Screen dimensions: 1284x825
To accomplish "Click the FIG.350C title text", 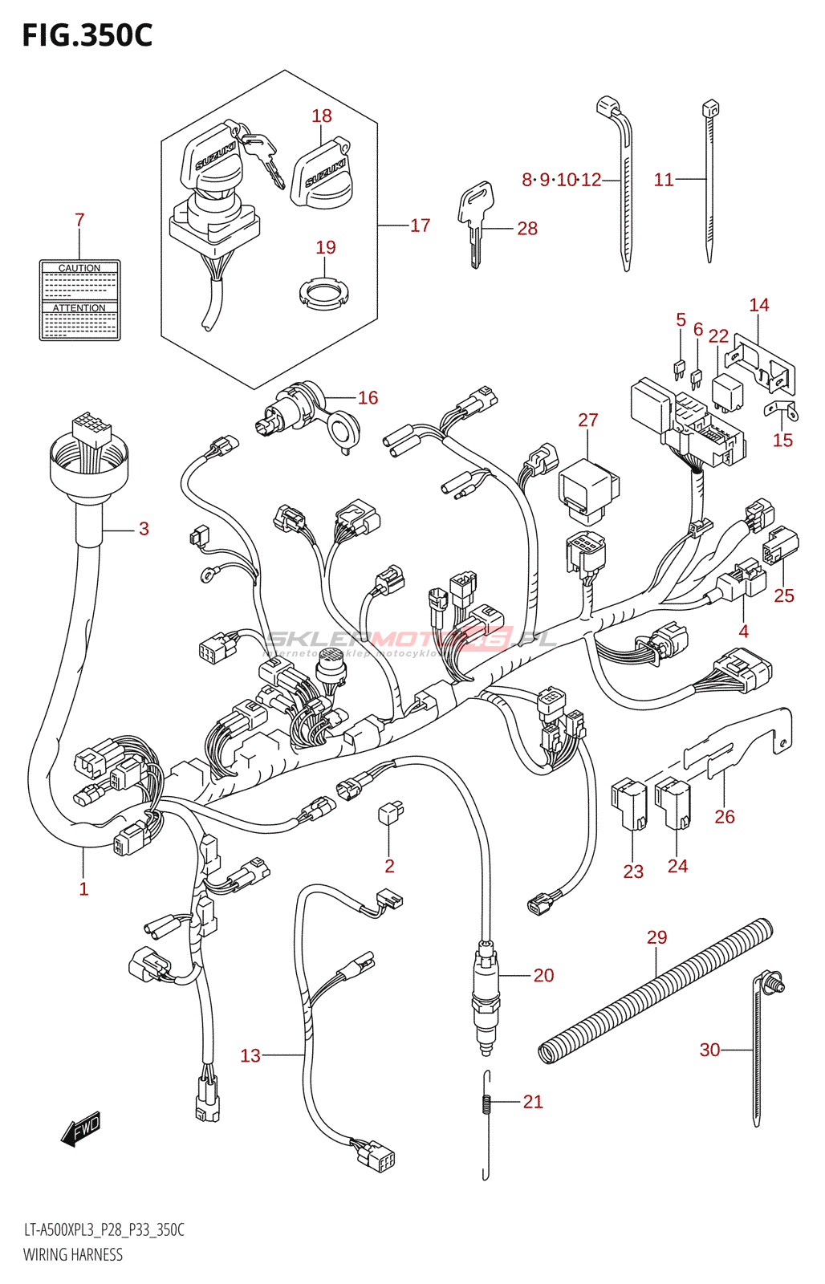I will pos(87,35).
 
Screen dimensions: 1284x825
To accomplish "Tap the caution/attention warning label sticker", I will pos(79,300).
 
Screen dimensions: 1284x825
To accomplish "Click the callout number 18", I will pos(322,116).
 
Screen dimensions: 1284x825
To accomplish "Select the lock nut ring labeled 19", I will pos(325,292).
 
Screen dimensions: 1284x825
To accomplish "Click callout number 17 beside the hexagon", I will pos(421,226).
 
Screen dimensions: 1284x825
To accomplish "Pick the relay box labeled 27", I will pos(588,488).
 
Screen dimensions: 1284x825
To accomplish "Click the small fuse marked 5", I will pos(679,370).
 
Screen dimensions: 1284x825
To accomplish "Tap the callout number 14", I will pos(759,305).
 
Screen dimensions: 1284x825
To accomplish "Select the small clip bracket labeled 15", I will pos(781,411).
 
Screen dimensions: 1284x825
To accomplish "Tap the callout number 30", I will pos(709,1050).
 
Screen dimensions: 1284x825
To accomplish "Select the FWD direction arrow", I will pos(81,1128).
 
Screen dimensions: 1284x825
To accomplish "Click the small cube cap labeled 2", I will pos(390,813).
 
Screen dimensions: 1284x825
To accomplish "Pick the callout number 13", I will pos(250,1055).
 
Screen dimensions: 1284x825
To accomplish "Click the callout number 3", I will pos(144,528).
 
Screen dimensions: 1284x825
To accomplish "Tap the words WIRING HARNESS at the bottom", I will pos(73,1255).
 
